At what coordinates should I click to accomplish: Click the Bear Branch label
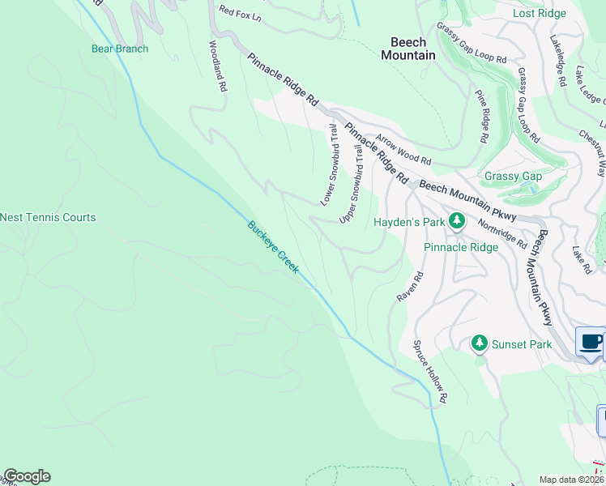119,49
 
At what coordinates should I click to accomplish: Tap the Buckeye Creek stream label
273,248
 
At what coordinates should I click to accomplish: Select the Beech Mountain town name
408,49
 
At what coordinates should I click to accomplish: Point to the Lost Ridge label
540,14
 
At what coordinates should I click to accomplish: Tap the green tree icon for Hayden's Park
457,220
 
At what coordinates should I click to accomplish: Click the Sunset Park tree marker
480,344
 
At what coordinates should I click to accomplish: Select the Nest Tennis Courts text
48,217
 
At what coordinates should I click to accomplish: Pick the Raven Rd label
410,288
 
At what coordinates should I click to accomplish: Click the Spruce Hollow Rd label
430,372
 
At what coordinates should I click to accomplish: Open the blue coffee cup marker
591,342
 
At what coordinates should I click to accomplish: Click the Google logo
27,477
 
